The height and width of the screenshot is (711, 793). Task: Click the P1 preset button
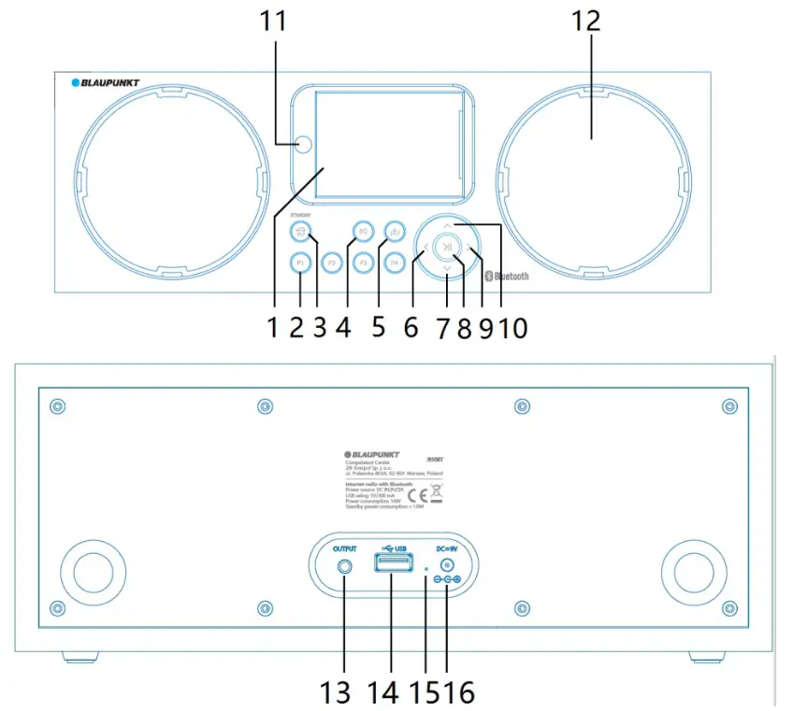pyautogui.click(x=299, y=263)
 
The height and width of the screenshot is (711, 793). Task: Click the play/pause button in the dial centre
pyautogui.click(x=448, y=248)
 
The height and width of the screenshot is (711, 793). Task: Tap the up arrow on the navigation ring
pyautogui.click(x=448, y=225)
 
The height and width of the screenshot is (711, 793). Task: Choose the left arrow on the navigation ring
pyautogui.click(x=425, y=249)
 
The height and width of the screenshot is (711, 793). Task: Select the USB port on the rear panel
pyautogui.click(x=392, y=563)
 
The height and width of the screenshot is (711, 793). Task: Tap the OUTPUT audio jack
pyautogui.click(x=347, y=565)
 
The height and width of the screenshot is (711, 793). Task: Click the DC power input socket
pyautogui.click(x=448, y=565)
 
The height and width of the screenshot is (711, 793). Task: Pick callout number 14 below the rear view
pyautogui.click(x=384, y=691)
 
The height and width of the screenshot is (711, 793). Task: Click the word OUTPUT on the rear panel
pyautogui.click(x=347, y=548)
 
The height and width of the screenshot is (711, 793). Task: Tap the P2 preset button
pyautogui.click(x=331, y=263)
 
